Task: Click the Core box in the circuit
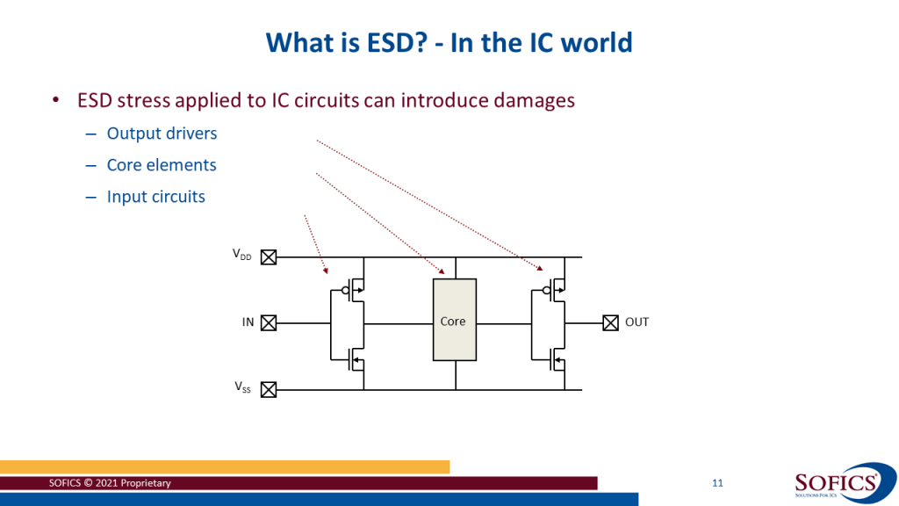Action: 454,320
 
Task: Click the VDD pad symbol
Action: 270,257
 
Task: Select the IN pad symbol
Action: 270,322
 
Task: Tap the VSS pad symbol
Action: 270,388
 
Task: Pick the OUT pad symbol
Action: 610,322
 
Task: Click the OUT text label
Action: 636,322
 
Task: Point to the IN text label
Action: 248,322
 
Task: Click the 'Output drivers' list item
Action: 162,134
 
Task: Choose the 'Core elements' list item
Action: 162,165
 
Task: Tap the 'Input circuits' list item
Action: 155,197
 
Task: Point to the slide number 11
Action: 717,484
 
